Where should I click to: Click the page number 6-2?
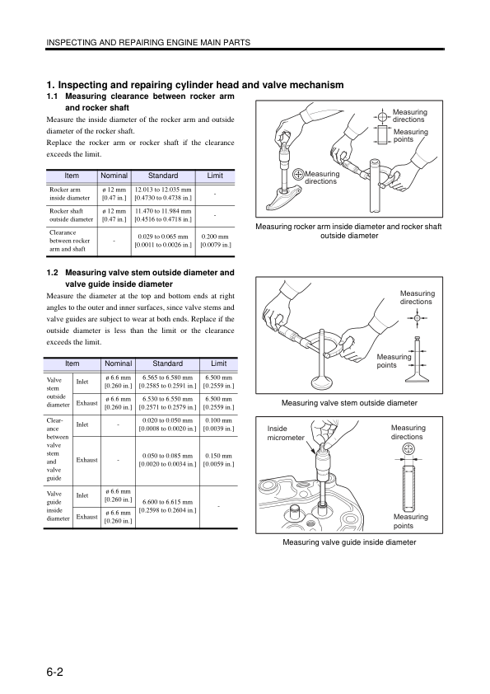pyautogui.click(x=55, y=672)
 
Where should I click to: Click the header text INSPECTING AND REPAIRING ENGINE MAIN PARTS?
pyautogui.click(x=148, y=43)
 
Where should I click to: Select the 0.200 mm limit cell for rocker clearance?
pyautogui.click(x=216, y=241)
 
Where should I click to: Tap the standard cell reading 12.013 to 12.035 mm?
pyautogui.click(x=163, y=194)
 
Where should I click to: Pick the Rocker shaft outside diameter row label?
pyautogui.click(x=71, y=215)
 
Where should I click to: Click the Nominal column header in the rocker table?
pyautogui.click(x=114, y=176)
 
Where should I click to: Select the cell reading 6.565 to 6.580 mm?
pyautogui.click(x=168, y=382)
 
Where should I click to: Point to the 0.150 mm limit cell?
pyautogui.click(x=218, y=459)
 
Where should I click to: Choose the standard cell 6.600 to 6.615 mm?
pyautogui.click(x=168, y=506)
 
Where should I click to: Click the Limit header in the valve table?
pyautogui.click(x=218, y=363)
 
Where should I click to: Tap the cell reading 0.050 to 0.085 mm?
pyautogui.click(x=168, y=459)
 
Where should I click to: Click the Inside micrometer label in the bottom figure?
pyautogui.click(x=286, y=433)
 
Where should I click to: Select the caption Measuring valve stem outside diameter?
pyautogui.click(x=349, y=403)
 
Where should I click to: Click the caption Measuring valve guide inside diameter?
pyautogui.click(x=349, y=542)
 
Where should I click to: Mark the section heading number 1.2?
pyautogui.click(x=52, y=273)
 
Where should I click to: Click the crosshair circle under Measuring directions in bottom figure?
pyautogui.click(x=408, y=449)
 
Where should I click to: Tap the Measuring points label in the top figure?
pyautogui.click(x=411, y=135)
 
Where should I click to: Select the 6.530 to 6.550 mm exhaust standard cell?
pyautogui.click(x=168, y=403)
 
